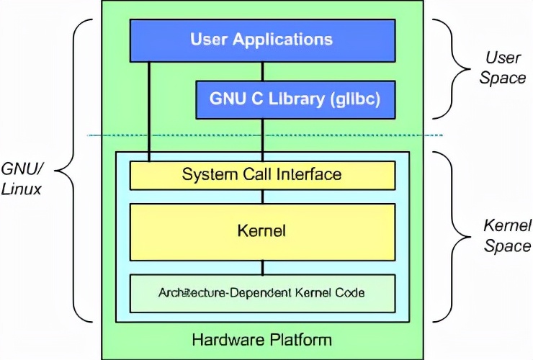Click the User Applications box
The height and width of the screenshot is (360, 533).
click(262, 40)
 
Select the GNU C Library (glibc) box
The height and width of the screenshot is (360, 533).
click(295, 99)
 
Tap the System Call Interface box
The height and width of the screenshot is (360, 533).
click(262, 174)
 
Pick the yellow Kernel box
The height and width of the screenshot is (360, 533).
click(262, 230)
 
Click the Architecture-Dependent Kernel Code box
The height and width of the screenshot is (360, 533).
click(262, 293)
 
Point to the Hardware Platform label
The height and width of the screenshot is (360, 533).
click(262, 339)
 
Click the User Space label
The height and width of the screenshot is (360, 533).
click(502, 67)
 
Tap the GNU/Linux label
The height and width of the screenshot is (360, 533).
click(22, 178)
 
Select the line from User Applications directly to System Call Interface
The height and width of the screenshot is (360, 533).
click(149, 108)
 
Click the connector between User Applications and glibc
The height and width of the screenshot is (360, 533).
click(262, 71)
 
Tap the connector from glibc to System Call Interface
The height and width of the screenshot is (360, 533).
click(262, 140)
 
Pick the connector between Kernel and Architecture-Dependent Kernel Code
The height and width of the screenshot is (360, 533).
click(262, 267)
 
